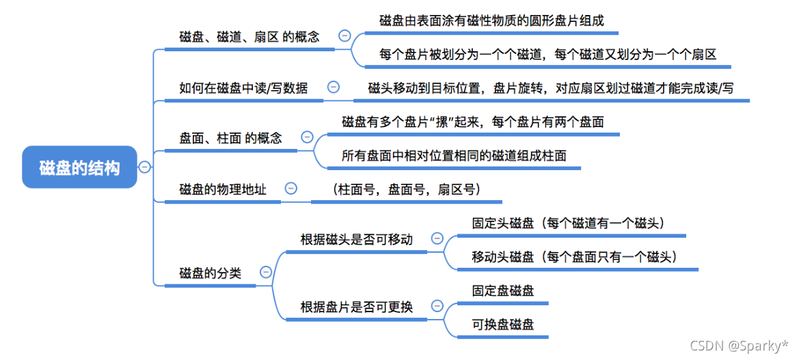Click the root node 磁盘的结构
tap(79, 167)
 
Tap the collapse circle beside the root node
tap(145, 167)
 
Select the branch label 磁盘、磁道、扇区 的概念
tap(249, 37)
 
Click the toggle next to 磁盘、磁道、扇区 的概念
tap(344, 36)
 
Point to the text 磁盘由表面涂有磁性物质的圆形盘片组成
tap(491, 20)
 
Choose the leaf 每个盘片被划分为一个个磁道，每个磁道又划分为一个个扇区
tap(547, 55)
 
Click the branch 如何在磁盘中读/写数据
tap(243, 87)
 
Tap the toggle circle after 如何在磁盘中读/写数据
tap(334, 87)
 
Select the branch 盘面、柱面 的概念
tap(230, 138)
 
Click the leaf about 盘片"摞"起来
tap(472, 122)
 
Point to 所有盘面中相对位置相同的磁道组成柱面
tap(454, 155)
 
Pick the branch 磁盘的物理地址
tap(222, 189)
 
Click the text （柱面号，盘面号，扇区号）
tap(406, 189)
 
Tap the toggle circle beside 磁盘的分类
tap(266, 272)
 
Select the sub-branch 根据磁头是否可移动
tap(356, 239)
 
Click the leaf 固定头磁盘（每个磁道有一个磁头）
tap(569, 223)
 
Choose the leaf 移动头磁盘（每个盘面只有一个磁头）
tap(574, 257)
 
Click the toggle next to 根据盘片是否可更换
tap(437, 306)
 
